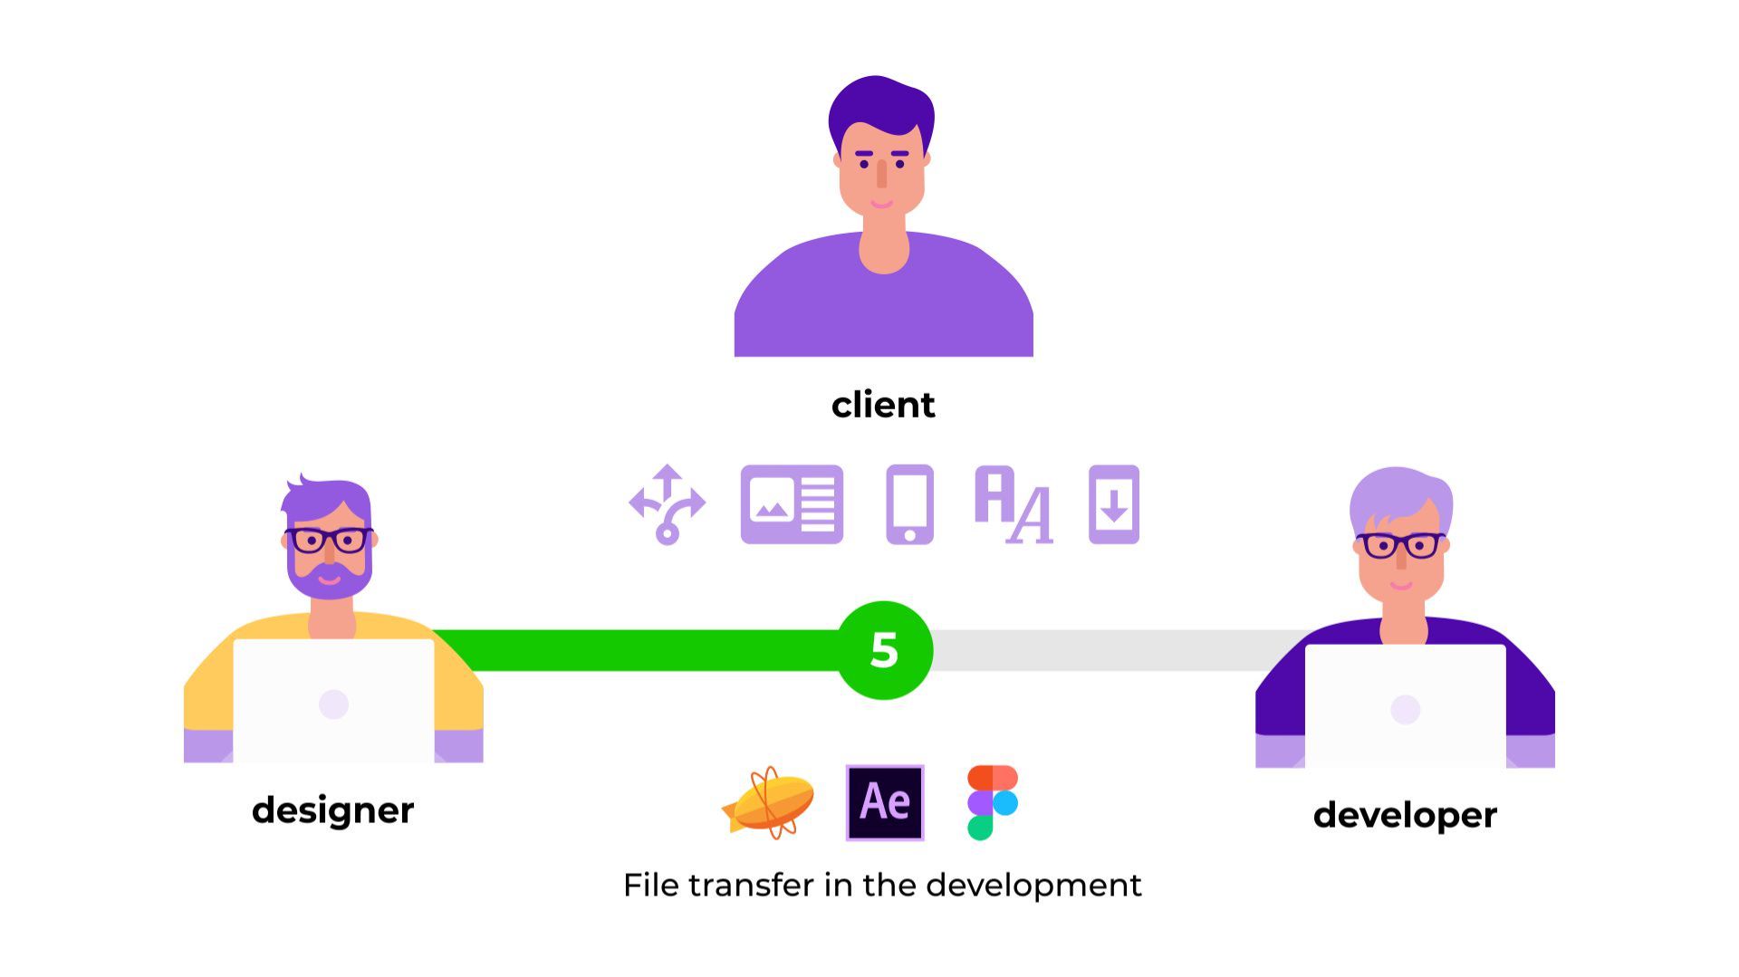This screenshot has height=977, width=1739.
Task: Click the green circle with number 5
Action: pyautogui.click(x=884, y=650)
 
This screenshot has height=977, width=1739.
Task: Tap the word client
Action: pyautogui.click(x=883, y=405)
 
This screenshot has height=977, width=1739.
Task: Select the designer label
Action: pyautogui.click(x=332, y=809)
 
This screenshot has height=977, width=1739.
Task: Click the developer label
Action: pyautogui.click(x=1405, y=815)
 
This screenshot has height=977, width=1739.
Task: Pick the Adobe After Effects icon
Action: pyautogui.click(x=885, y=802)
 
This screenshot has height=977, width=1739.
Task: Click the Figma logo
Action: pyautogui.click(x=993, y=802)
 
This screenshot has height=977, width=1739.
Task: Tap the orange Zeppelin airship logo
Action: pyautogui.click(x=769, y=802)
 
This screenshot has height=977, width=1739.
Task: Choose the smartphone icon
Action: pyautogui.click(x=909, y=504)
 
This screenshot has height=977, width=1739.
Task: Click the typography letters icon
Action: pyautogui.click(x=1014, y=504)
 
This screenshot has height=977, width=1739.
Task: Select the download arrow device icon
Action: pyautogui.click(x=1114, y=504)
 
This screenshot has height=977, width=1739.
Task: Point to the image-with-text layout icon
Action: pyautogui.click(x=792, y=504)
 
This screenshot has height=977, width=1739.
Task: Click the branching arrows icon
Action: pyautogui.click(x=668, y=504)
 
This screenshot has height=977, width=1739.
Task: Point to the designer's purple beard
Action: pyautogui.click(x=329, y=584)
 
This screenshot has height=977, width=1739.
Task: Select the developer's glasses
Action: pyautogui.click(x=1400, y=545)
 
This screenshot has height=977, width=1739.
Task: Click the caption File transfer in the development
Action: pyautogui.click(x=882, y=885)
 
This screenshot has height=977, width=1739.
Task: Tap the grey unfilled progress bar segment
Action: pyautogui.click(x=1114, y=650)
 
